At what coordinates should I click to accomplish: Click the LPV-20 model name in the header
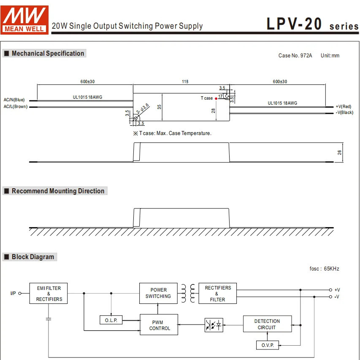pos(295,24)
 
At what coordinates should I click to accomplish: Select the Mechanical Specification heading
pos(44,54)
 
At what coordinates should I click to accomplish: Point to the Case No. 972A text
pos(295,56)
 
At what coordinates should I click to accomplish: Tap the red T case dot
pos(217,98)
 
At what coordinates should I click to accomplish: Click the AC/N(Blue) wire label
pos(14,100)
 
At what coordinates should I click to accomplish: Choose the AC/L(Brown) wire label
pos(16,107)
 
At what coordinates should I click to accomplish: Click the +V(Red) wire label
pos(344,106)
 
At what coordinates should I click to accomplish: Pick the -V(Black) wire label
pos(344,113)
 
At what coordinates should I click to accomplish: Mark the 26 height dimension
pos(339,152)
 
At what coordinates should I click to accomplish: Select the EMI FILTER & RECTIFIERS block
pos(49,293)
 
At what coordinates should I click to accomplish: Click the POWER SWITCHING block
pos(158,293)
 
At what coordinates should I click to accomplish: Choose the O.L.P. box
pos(111,320)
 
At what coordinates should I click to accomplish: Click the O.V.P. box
pos(267,345)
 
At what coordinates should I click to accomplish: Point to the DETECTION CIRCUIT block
pos(267,324)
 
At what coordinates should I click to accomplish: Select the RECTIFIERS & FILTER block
pos(217,293)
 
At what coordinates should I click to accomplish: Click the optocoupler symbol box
pos(214,325)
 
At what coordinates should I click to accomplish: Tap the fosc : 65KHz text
pos(324,269)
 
